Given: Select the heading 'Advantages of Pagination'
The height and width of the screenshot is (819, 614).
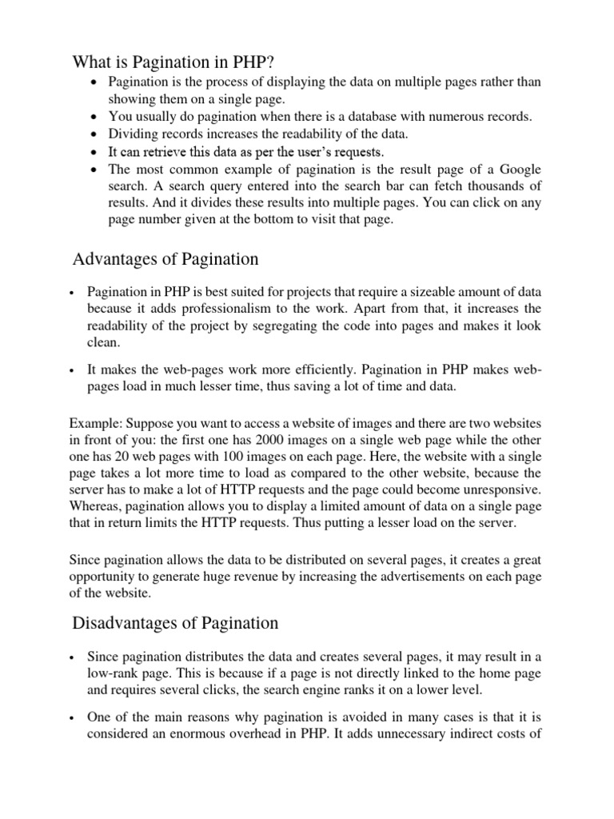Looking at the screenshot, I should [x=165, y=259].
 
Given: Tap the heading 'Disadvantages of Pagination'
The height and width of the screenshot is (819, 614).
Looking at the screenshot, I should [x=176, y=622].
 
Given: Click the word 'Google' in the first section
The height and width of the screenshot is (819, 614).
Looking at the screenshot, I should [x=520, y=170].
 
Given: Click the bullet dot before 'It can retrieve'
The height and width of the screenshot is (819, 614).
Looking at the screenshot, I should [x=96, y=152].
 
